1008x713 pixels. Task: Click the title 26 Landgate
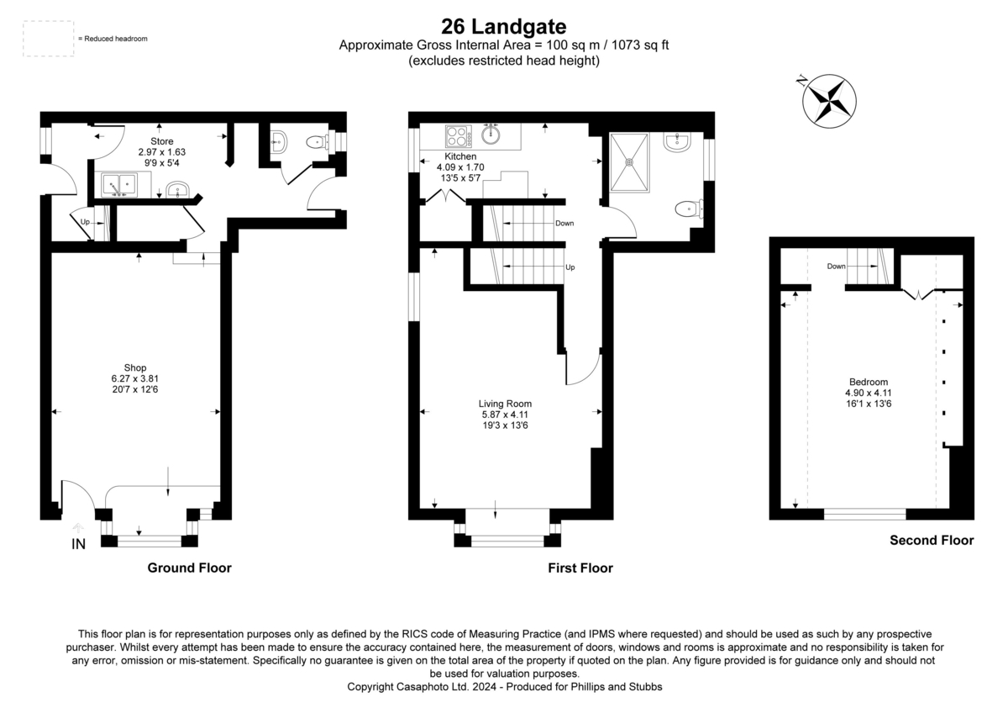coord(503,27)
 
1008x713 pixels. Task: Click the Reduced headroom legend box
coord(49,39)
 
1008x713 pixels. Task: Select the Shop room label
coord(135,367)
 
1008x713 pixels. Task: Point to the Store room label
coord(161,141)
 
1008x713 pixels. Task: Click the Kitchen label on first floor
coord(460,156)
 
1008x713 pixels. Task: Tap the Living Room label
coord(505,403)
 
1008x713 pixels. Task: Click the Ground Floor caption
coord(189,568)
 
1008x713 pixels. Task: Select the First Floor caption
coord(580,568)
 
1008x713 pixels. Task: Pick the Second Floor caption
coord(932,541)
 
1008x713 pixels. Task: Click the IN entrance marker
coord(78,544)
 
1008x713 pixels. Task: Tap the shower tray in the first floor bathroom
coord(629,163)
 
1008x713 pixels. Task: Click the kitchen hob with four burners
coord(459,135)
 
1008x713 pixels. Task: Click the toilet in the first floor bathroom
coord(690,208)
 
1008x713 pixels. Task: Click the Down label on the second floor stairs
coord(836,267)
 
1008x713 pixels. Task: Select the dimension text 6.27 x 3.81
coord(135,379)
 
